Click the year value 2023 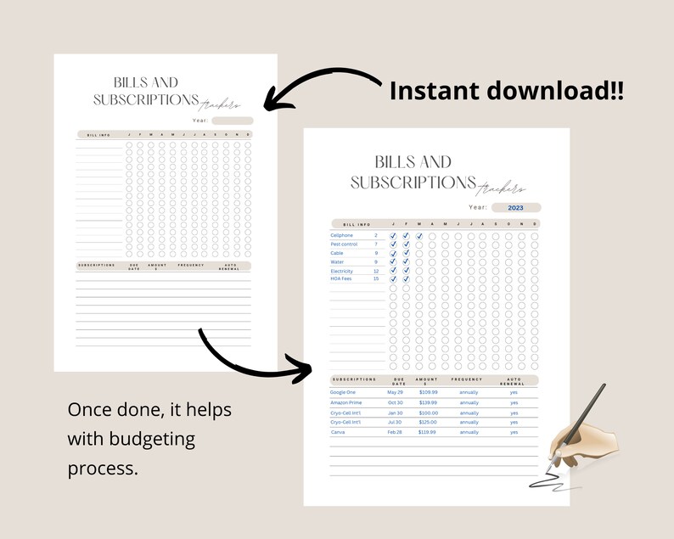(x=515, y=207)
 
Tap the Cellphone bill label (x=341, y=235)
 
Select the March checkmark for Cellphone (x=419, y=236)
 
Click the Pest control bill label (x=343, y=244)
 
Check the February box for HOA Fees (x=406, y=279)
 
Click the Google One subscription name (x=343, y=392)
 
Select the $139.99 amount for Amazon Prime (x=427, y=402)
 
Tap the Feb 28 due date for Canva (x=395, y=432)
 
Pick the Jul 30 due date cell (x=395, y=422)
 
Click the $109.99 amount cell (x=427, y=392)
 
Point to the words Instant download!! (x=506, y=92)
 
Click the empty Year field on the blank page (x=232, y=121)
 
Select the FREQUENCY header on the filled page (x=467, y=379)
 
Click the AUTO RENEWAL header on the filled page (x=514, y=381)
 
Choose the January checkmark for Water (x=392, y=262)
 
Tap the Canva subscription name (x=338, y=432)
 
